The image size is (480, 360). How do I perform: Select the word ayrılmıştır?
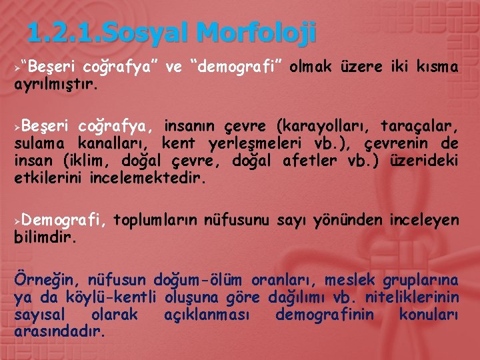(x=57, y=85)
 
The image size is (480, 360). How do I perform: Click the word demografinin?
(x=325, y=313)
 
